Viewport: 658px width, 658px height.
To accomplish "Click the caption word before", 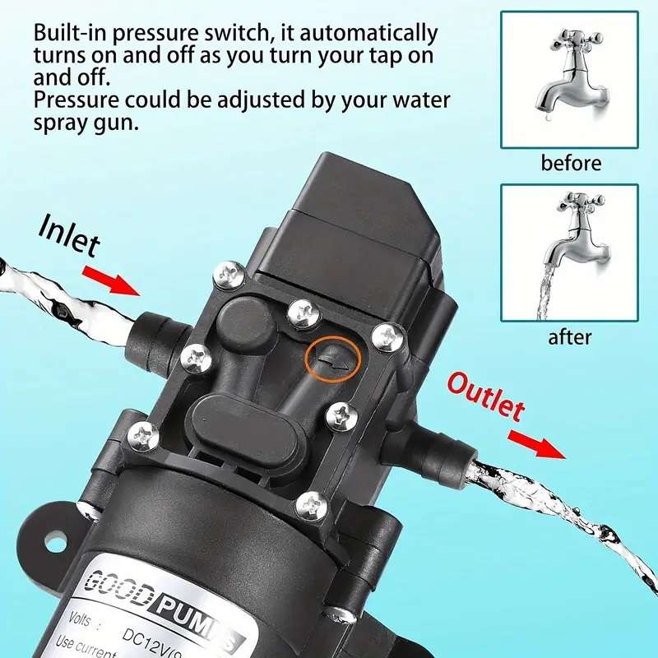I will point(570,163).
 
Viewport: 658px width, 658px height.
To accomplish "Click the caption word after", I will point(570,336).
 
